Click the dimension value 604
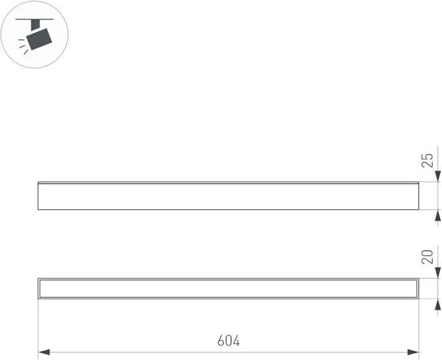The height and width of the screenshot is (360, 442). click(228, 341)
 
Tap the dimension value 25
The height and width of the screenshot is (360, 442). click(427, 161)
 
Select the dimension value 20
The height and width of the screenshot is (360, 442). click(427, 257)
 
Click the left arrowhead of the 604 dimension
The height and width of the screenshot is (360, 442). click(44, 352)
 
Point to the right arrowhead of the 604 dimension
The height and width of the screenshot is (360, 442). click(413, 352)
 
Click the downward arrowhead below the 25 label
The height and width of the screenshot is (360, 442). click(437, 177)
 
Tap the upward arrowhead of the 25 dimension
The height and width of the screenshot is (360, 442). click(437, 215)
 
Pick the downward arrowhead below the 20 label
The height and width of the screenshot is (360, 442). click(437, 272)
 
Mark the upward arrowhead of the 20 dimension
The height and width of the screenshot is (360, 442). click(437, 304)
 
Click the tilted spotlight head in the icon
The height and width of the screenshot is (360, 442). click(40, 39)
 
